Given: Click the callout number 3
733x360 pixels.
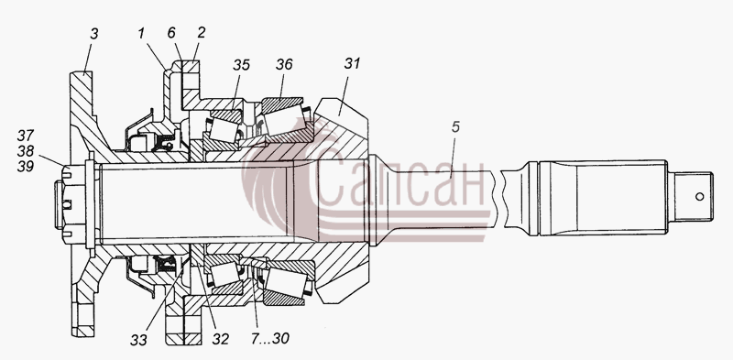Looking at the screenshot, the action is coord(94,34).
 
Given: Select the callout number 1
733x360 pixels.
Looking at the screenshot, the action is coord(141,34).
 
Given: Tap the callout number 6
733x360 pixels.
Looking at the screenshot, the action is coord(171,33).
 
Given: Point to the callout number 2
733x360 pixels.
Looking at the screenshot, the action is coord(201,33).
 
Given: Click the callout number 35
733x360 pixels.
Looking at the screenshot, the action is coord(241,64).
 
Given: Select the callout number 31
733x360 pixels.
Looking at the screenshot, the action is coord(352,63).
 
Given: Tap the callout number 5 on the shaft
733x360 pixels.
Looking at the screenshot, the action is coord(455,127).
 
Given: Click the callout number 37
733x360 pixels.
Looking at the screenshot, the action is coord(26,136).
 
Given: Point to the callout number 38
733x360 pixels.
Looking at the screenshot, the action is coord(26,150).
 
